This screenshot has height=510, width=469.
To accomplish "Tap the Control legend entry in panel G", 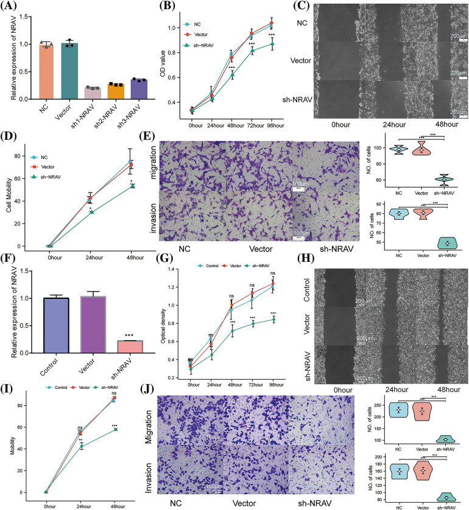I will (211, 265).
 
